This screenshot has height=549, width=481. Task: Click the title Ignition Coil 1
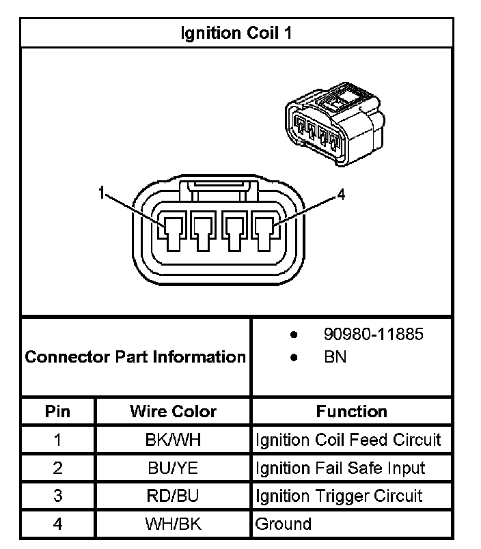236,33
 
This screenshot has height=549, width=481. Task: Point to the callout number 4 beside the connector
341,195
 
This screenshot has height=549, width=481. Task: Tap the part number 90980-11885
373,335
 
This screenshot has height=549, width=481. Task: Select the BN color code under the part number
335,357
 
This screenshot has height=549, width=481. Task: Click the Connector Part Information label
135,356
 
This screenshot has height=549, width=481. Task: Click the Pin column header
57,412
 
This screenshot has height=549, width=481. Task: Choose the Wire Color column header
173,412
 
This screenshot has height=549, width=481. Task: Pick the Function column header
351,412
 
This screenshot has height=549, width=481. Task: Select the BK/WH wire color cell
173,439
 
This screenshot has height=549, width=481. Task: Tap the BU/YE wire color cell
173,468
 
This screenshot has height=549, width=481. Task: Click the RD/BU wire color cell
173,496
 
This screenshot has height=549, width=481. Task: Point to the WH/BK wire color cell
173,524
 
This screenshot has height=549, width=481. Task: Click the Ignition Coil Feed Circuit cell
348,439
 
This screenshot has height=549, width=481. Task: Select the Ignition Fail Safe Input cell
340,468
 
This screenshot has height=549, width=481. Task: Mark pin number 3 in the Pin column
57,496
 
